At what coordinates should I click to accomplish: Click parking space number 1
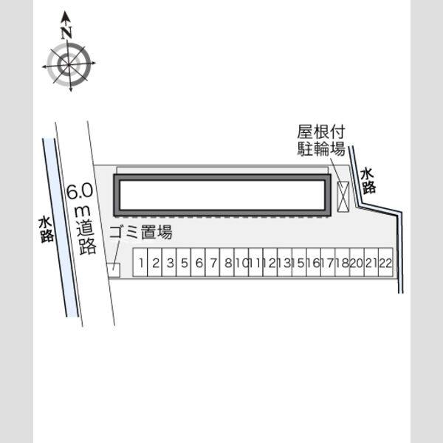tap(140, 262)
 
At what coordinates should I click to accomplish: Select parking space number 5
tap(184, 262)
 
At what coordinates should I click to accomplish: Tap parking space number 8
tap(227, 262)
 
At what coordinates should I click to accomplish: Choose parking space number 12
tap(270, 262)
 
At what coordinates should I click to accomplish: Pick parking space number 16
tap(314, 262)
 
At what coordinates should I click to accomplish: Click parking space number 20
tap(357, 262)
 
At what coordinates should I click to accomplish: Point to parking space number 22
tap(385, 262)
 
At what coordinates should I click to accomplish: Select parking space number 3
tap(169, 262)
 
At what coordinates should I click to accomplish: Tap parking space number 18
tap(343, 262)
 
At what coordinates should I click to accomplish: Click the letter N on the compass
tap(66, 32)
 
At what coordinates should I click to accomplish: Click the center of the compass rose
tap(69, 65)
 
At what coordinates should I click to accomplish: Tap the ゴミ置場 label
tap(141, 233)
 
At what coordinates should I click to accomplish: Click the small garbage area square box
tap(114, 270)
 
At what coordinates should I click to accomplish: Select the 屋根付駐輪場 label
tap(321, 140)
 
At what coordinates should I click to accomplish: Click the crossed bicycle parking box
tap(343, 196)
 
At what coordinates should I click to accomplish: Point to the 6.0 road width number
tap(80, 191)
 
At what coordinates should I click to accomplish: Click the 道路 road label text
tap(87, 237)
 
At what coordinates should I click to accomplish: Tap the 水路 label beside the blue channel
tap(47, 230)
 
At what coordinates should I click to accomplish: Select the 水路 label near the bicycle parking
tap(368, 181)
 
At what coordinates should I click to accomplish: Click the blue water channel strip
tap(61, 227)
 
